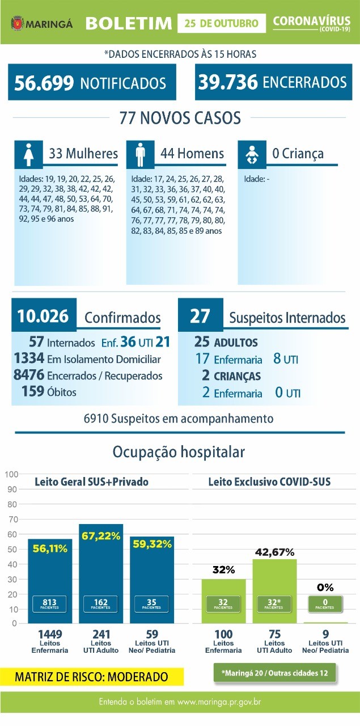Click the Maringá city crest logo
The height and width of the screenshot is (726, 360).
click(18, 24)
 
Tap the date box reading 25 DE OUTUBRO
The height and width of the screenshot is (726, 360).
click(222, 23)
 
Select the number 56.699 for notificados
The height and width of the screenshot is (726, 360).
click(44, 83)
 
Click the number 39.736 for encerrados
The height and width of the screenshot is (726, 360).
click(228, 82)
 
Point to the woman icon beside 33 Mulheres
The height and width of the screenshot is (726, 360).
click(29, 155)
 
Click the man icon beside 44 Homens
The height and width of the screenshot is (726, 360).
click(140, 155)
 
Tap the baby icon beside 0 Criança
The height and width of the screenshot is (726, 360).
click(252, 155)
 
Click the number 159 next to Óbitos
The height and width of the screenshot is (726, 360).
click(33, 391)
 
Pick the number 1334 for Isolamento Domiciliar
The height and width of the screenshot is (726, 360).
click(29, 358)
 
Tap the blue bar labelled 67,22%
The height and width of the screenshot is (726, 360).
click(101, 573)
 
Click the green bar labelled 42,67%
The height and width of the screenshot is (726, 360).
click(275, 591)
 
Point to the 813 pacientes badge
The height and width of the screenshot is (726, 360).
click(49, 604)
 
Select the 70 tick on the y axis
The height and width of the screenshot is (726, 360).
click(12, 519)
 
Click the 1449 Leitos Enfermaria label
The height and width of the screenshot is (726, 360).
click(50, 641)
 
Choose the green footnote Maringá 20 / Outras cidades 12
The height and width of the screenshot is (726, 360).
click(275, 673)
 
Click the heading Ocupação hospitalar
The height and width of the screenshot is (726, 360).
click(179, 452)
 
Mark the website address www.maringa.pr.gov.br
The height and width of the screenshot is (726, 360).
click(219, 702)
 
